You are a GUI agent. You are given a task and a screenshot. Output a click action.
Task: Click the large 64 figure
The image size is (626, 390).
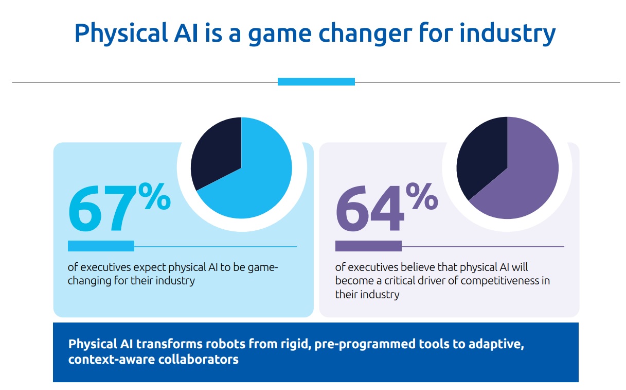[370, 208]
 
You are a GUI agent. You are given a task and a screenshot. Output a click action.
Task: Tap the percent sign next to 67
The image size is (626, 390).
[154, 196]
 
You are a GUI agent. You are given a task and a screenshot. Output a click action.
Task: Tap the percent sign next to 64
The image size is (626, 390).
[422, 196]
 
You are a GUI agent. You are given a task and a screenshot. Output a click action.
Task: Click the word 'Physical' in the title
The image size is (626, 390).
[121, 33]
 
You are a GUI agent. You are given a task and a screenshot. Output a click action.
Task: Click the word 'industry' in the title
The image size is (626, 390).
[508, 33]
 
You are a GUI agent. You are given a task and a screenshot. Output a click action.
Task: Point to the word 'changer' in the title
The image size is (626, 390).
[365, 34]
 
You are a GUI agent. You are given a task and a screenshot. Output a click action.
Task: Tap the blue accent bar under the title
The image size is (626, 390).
[316, 81]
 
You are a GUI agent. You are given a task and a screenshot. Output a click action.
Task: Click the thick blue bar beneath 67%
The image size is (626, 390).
[101, 246]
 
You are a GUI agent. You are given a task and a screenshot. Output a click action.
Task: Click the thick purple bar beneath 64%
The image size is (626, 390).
[369, 246]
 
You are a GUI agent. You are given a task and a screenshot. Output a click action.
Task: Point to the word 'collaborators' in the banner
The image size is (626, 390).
[199, 360]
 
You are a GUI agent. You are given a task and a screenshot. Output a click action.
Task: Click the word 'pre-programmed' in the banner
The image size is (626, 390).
[365, 344]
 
